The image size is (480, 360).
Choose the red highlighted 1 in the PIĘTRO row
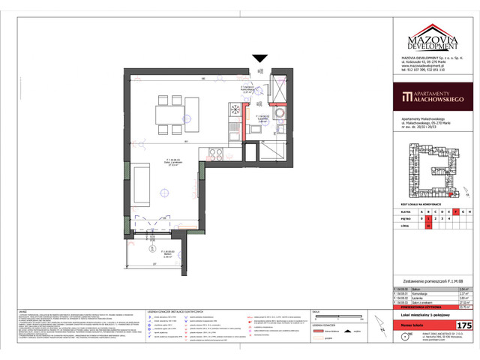(x=427, y=218)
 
